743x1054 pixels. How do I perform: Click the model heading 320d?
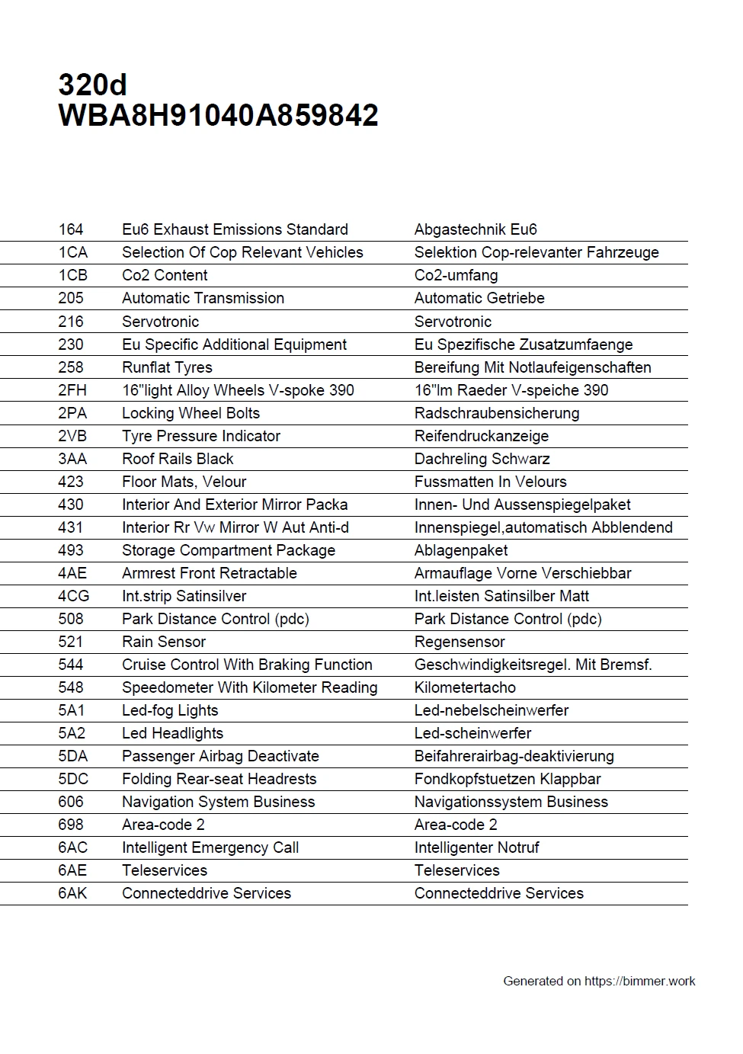click(92, 85)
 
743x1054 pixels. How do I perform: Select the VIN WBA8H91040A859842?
click(218, 116)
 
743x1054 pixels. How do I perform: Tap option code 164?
click(71, 229)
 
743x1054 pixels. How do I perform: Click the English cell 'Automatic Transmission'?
click(203, 298)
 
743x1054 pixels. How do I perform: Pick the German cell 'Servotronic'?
click(453, 322)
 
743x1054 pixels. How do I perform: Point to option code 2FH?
click(72, 390)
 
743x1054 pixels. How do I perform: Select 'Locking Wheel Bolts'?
click(191, 413)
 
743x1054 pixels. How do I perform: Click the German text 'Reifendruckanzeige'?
click(481, 436)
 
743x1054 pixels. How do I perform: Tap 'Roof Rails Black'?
click(178, 459)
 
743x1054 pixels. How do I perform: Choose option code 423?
click(71, 482)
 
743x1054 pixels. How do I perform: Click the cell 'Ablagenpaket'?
click(460, 550)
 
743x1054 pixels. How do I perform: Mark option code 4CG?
click(73, 596)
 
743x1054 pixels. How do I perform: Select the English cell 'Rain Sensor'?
click(164, 642)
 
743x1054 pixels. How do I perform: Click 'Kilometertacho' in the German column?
click(465, 687)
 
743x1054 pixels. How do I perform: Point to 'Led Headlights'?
click(172, 733)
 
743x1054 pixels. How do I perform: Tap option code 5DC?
click(73, 779)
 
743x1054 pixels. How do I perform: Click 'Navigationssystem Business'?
click(511, 802)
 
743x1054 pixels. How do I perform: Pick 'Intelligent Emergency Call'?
click(210, 847)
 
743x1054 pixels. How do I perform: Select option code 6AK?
click(72, 893)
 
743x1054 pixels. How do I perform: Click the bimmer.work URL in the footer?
click(639, 982)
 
